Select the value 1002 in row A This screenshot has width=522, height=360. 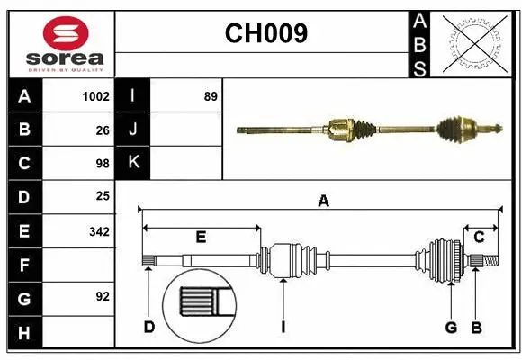[x=94, y=96]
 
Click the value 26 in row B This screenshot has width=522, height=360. [x=102, y=130]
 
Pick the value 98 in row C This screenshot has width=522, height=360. [x=102, y=163]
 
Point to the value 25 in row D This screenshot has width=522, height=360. [x=102, y=196]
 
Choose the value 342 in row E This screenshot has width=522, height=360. [x=98, y=231]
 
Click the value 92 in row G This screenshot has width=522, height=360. [x=102, y=295]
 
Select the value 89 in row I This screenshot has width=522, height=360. [x=210, y=96]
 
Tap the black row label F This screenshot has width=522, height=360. [x=24, y=265]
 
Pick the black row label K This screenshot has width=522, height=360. [x=133, y=163]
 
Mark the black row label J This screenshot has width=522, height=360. [x=133, y=130]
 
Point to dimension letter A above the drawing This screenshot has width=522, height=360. [x=323, y=202]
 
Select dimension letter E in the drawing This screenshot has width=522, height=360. [x=201, y=237]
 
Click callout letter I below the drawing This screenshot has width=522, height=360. [x=283, y=328]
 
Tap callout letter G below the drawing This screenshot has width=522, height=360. [x=451, y=328]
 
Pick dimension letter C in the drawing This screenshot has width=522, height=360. [x=479, y=237]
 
